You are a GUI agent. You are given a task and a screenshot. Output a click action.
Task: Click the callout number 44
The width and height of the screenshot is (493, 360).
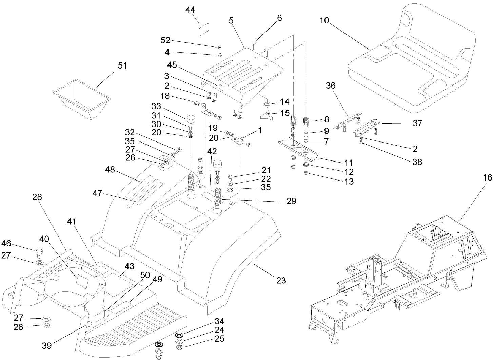pos(190,10)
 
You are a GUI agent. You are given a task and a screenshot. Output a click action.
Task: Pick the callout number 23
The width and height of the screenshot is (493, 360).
pos(281,280)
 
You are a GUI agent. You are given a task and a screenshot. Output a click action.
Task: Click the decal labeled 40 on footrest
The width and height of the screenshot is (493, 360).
pos(82,280)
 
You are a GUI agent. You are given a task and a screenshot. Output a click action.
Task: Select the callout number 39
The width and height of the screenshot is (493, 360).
pos(47,345)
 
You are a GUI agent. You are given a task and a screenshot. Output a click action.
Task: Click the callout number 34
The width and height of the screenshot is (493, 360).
pos(219,321)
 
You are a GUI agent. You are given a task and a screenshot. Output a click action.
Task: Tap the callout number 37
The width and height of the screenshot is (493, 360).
pos(418,123)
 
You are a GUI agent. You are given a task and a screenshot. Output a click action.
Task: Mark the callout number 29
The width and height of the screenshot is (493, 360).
pos(291,201)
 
